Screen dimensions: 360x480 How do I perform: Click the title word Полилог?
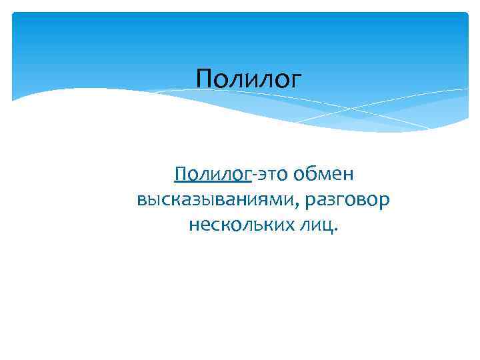click(x=249, y=80)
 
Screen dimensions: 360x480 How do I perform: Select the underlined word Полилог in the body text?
click(x=213, y=175)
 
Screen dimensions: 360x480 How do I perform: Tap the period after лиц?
click(x=335, y=229)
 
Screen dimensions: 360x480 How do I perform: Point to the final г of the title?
click(x=296, y=82)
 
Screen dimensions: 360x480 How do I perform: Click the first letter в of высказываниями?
click(x=141, y=201)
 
